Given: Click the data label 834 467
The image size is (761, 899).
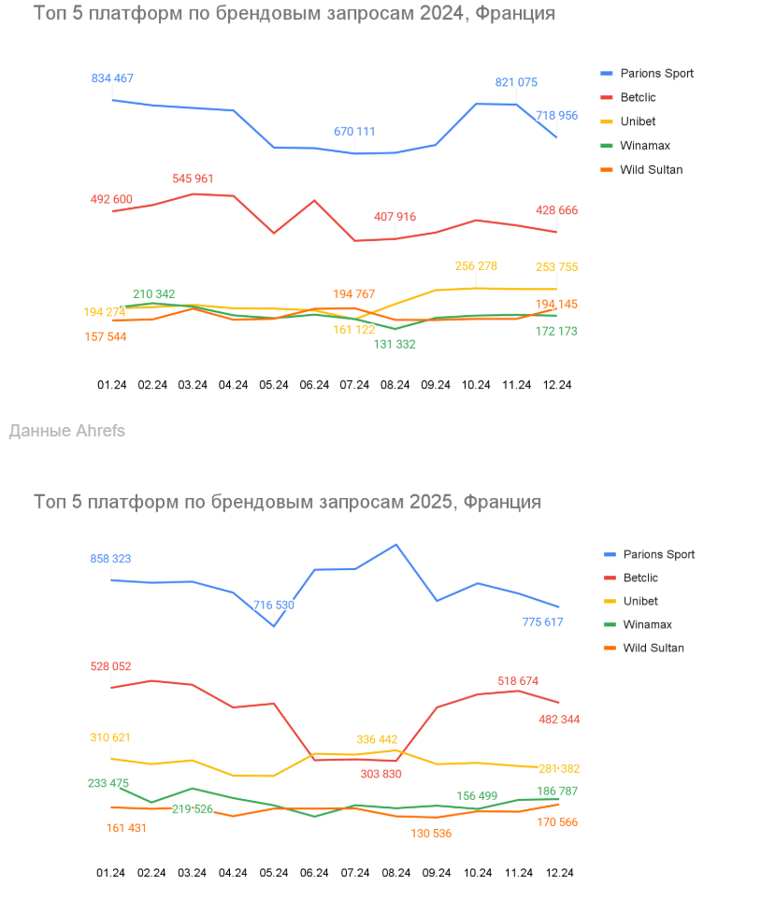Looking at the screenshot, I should click(112, 78).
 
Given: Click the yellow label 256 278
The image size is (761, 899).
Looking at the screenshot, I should click(476, 266).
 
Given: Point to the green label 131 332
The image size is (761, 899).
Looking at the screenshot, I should click(395, 344).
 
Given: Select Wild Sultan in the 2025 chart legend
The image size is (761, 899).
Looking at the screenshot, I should click(653, 648).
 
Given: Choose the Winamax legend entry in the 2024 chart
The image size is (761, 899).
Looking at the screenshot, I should click(645, 146).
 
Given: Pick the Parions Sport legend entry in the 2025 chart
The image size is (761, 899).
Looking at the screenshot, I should click(658, 554).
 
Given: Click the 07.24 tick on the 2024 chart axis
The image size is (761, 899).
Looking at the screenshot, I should click(354, 384).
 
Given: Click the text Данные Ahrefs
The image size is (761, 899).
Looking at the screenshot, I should click(66, 431).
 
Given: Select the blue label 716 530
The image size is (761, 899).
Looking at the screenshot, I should click(274, 606).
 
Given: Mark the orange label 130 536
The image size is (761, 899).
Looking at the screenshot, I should click(430, 834).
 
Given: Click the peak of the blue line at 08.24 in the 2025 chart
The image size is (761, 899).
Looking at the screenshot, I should click(396, 545).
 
